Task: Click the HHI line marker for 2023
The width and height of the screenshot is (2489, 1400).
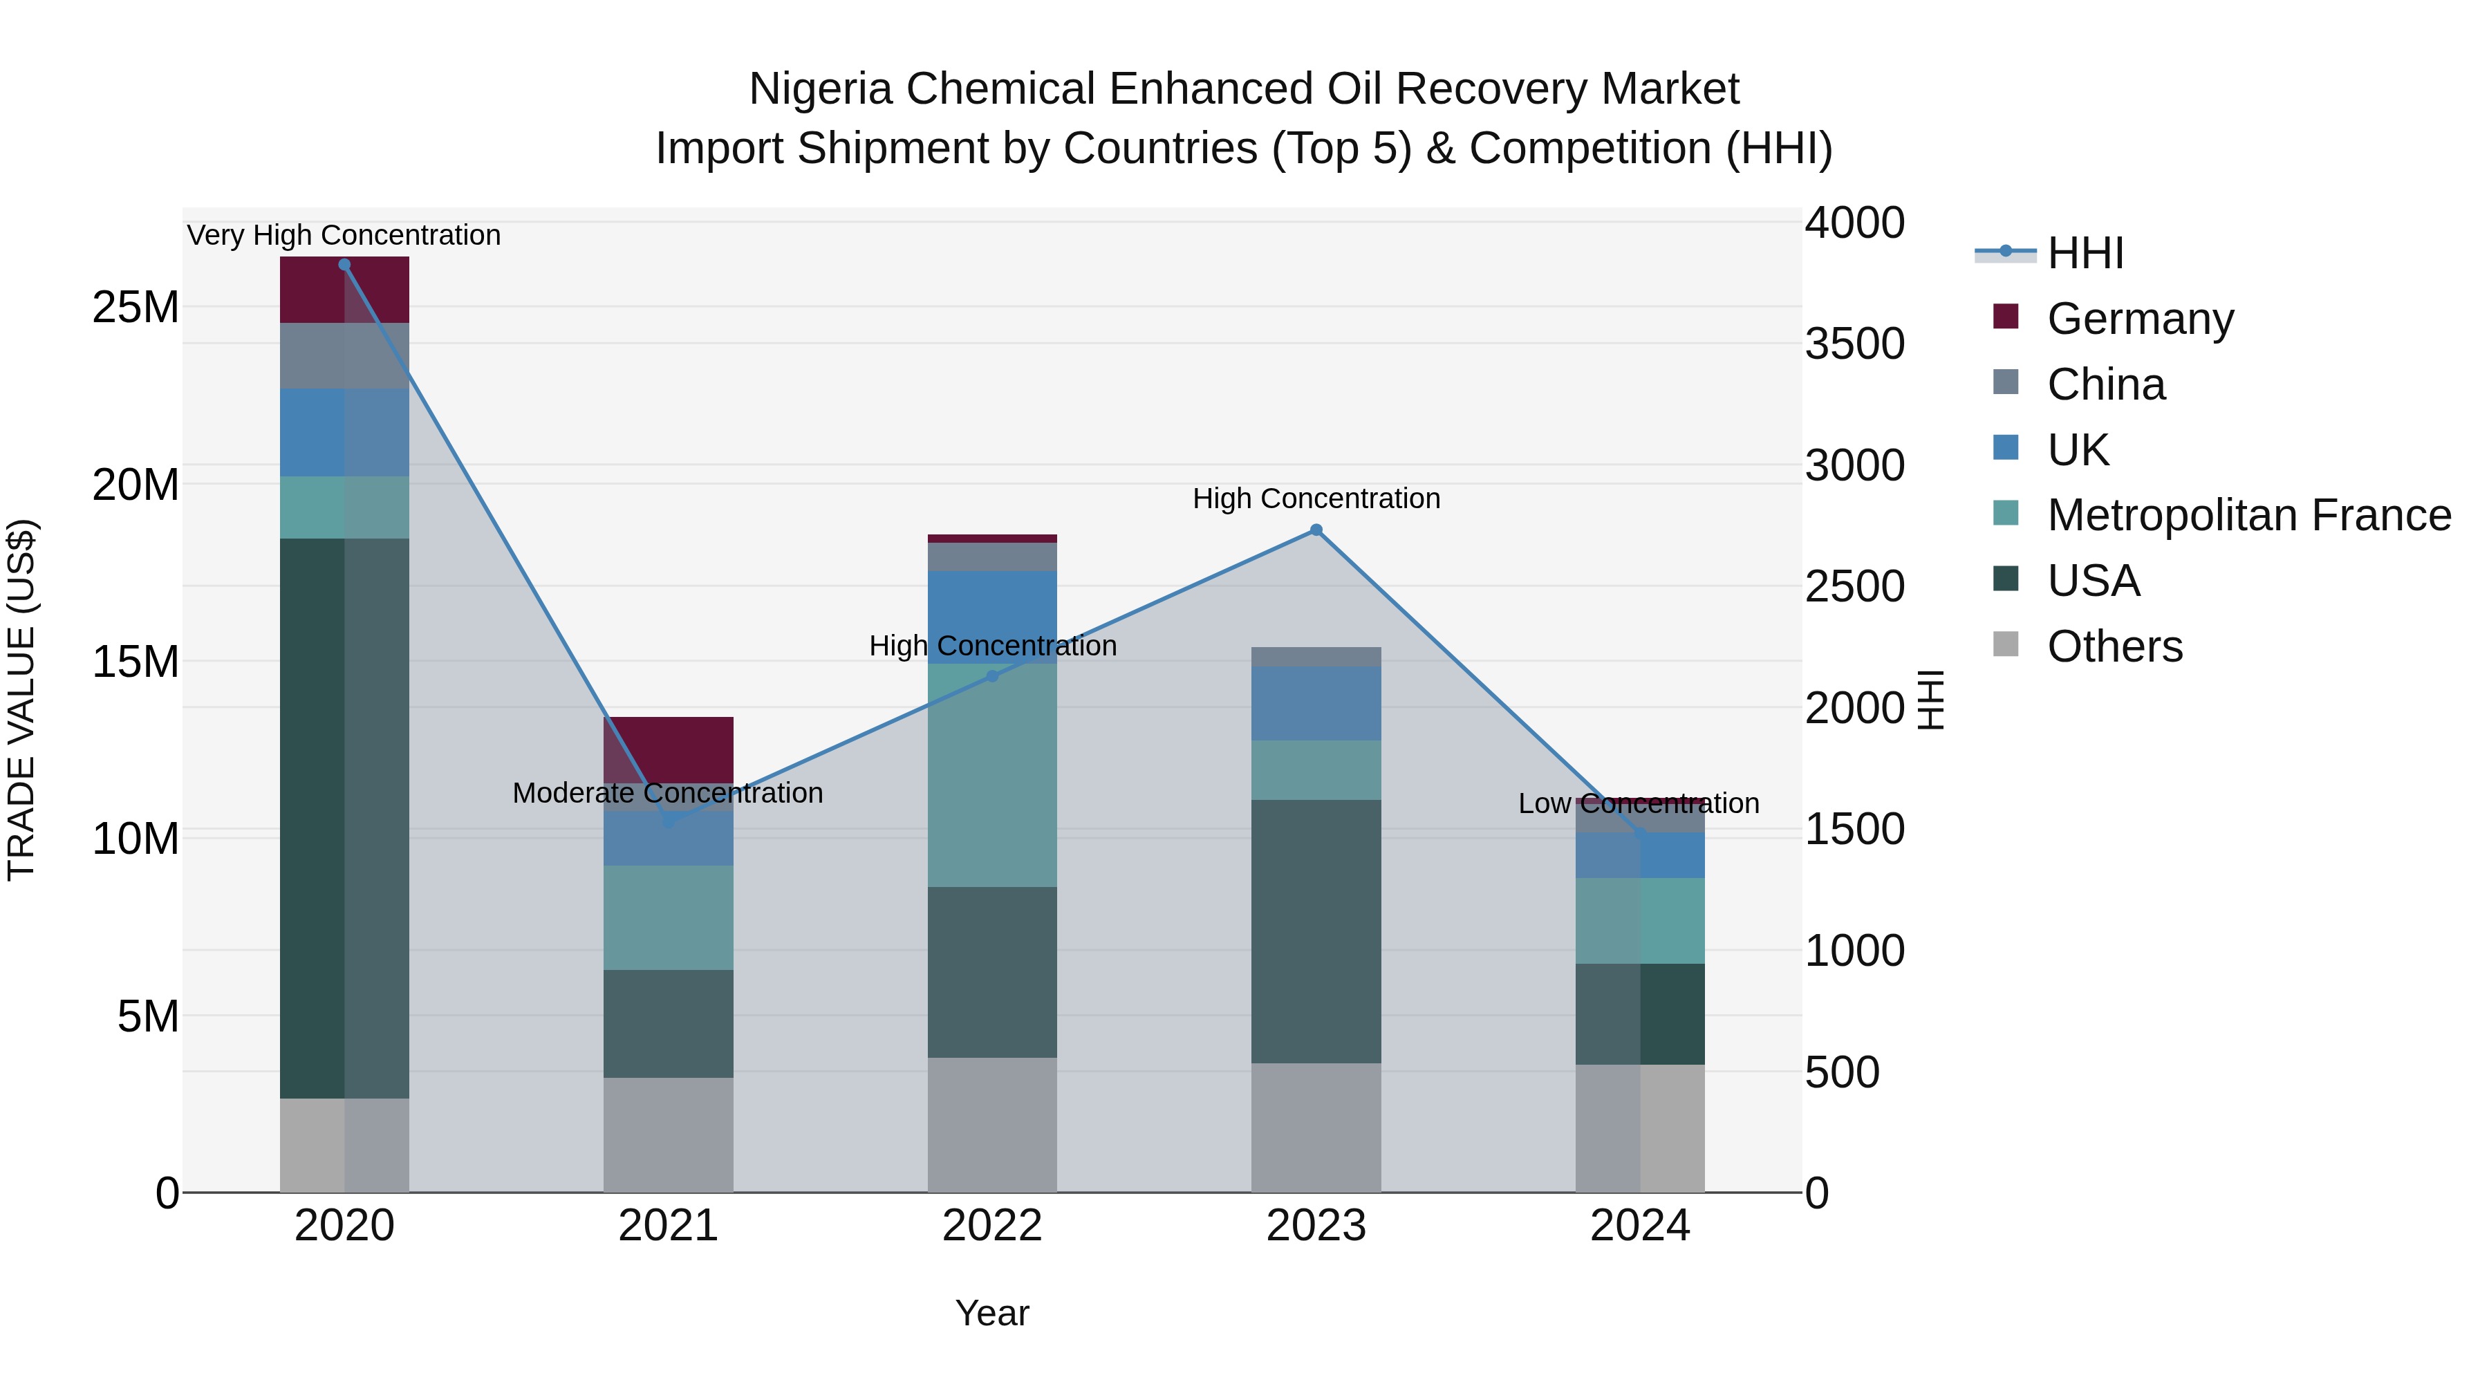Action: coord(1315,530)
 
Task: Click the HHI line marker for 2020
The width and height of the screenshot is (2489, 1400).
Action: coord(344,265)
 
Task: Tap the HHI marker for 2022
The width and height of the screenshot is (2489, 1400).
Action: coord(991,676)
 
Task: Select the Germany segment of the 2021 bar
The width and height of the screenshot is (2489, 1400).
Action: coord(668,749)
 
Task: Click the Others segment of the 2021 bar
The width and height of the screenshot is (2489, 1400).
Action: coord(668,1135)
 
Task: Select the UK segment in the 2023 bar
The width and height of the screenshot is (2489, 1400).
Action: coord(1315,703)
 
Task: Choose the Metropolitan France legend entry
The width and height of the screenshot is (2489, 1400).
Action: coord(2248,515)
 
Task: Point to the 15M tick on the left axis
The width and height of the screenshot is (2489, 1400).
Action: coord(136,662)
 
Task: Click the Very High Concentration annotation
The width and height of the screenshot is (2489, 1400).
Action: coord(344,235)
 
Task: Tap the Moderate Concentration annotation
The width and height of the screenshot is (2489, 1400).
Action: coord(668,792)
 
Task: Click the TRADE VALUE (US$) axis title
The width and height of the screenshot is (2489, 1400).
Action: coord(21,700)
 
